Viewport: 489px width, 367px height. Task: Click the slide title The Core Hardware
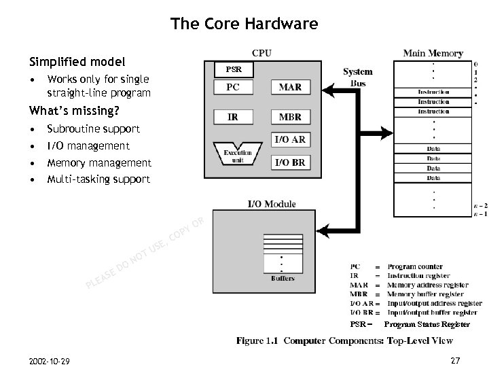[x=244, y=24]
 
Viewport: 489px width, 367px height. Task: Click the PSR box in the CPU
[x=233, y=69]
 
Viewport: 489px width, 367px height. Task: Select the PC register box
[x=233, y=88]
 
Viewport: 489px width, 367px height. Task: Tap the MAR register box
[x=291, y=88]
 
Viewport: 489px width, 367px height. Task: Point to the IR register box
[x=233, y=117]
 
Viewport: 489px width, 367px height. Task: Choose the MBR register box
[x=291, y=117]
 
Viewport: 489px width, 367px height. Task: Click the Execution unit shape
[x=238, y=154]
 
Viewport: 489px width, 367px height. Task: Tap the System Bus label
[x=357, y=77]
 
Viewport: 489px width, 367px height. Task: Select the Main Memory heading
[x=433, y=53]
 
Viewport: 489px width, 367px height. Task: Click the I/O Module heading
[x=271, y=204]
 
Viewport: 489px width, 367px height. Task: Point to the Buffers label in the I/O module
[x=283, y=279]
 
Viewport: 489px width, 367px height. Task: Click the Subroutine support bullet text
[x=93, y=129]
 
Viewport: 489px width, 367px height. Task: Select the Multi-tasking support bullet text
[x=98, y=179]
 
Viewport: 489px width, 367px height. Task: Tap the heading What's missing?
[x=73, y=111]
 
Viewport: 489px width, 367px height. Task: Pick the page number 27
[x=454, y=360]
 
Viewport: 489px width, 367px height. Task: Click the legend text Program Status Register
[x=427, y=325]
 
